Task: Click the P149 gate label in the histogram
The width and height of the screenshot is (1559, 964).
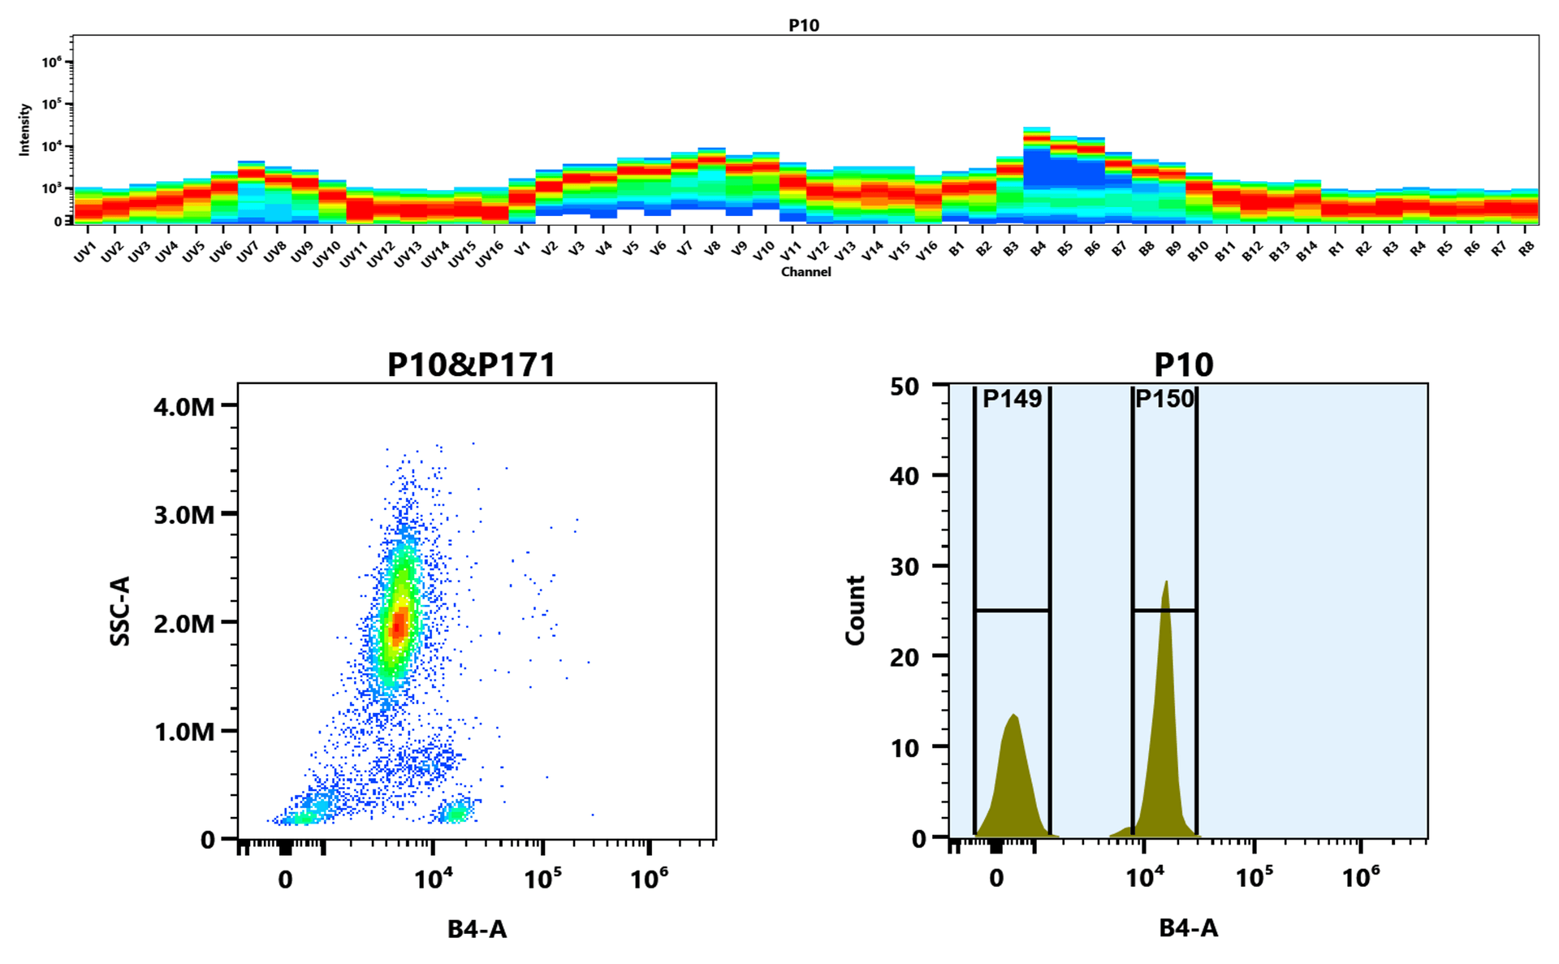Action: click(1012, 399)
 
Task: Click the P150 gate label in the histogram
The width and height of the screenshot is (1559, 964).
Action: click(1164, 399)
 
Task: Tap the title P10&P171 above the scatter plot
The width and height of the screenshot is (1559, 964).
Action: click(471, 365)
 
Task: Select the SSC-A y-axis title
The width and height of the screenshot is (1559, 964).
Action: click(120, 611)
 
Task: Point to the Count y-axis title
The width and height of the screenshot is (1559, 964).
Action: click(855, 611)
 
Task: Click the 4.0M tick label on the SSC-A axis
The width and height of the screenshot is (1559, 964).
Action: click(184, 406)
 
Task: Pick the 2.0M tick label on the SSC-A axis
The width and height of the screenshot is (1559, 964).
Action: click(184, 624)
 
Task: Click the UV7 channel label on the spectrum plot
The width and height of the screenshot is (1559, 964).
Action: click(247, 253)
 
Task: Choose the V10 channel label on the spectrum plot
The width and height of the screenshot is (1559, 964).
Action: click(763, 253)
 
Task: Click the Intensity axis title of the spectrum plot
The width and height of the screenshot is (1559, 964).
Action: click(24, 129)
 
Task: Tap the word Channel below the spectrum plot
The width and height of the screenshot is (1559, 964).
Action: click(805, 272)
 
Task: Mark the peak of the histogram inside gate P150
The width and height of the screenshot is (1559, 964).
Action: click(1166, 581)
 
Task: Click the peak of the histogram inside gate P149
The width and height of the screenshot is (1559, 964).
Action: click(1014, 715)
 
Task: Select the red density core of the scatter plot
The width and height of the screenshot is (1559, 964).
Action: click(398, 625)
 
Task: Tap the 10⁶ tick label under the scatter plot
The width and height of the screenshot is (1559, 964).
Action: click(649, 879)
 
